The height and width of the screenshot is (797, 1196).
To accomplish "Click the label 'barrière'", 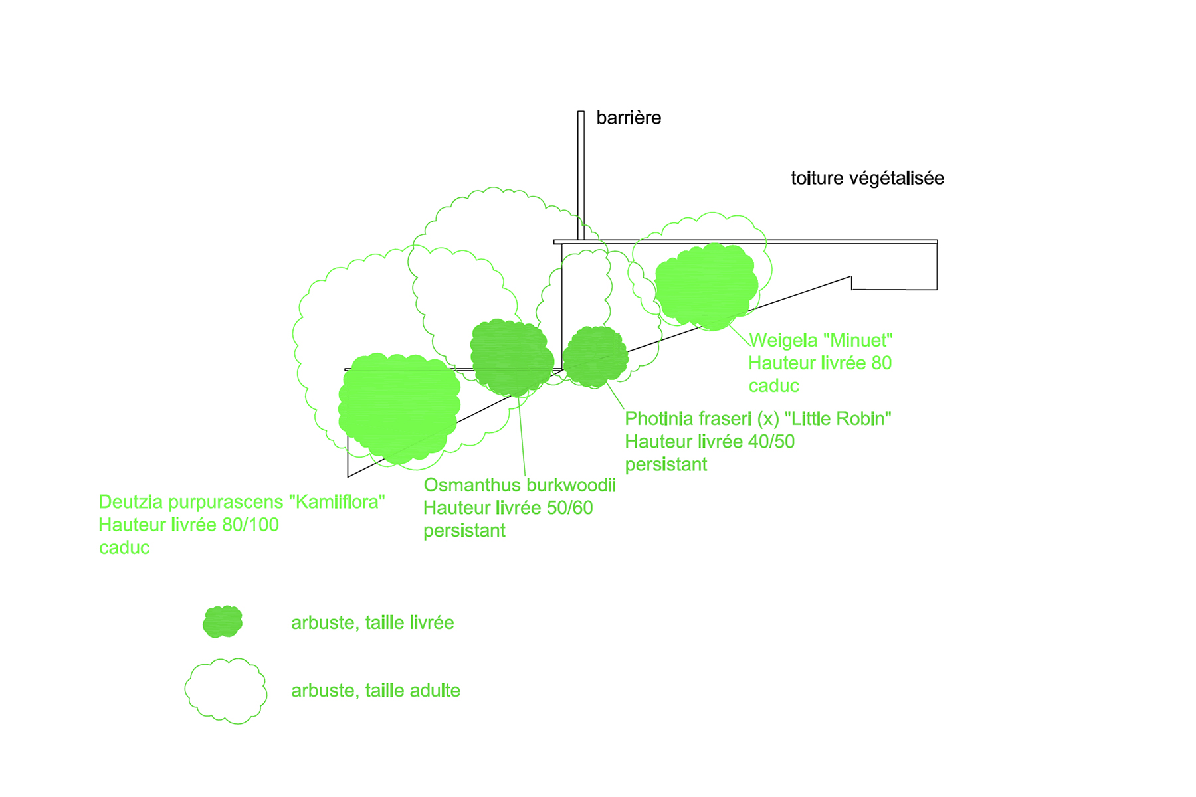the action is [x=629, y=118].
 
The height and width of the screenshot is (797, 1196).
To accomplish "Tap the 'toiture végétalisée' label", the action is [x=867, y=179].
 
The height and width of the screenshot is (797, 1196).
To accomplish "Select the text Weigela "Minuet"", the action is [x=821, y=341].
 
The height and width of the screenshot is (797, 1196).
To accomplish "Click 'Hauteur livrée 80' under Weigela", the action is [x=820, y=363].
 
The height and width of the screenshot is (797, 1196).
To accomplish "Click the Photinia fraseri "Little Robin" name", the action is [x=758, y=419].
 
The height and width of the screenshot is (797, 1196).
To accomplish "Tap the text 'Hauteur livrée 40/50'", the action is [x=710, y=442].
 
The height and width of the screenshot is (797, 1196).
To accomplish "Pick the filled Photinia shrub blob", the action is [x=595, y=357].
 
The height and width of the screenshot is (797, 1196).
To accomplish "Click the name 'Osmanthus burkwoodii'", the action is [x=520, y=486].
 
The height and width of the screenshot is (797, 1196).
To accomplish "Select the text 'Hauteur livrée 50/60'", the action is [x=508, y=508].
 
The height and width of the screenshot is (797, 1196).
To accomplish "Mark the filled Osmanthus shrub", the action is [x=512, y=357].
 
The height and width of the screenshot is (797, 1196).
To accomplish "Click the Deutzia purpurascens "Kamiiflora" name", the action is [x=242, y=502].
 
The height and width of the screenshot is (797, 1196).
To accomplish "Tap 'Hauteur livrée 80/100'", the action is [x=189, y=525].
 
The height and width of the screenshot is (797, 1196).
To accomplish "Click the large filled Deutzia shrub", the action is [x=399, y=408].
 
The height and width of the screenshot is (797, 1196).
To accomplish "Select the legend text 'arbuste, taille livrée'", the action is [x=373, y=623].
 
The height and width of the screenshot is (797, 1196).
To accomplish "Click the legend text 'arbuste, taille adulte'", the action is [x=376, y=691].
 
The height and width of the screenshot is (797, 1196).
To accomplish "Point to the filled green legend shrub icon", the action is [x=223, y=622].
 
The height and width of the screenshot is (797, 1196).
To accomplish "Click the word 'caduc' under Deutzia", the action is [x=124, y=548].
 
